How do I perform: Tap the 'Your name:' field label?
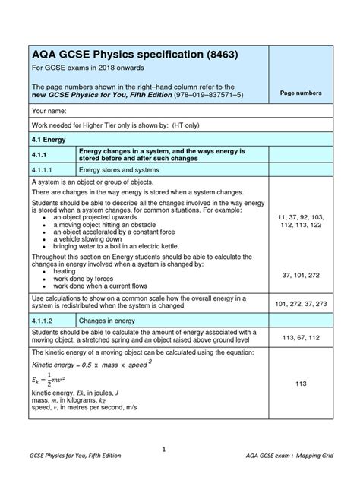pyautogui.click(x=50, y=111)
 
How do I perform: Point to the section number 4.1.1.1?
pyautogui.click(x=47, y=171)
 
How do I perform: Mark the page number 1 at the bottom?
pyautogui.click(x=164, y=449)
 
